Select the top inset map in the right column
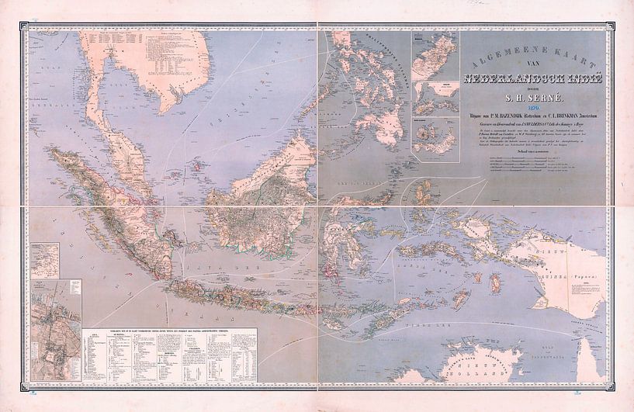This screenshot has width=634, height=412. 435,57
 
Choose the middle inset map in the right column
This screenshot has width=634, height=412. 435,99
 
